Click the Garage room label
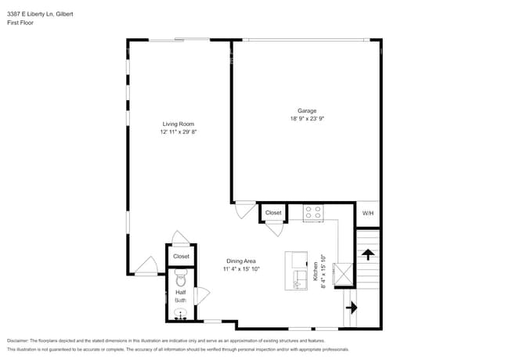click(x=306, y=110)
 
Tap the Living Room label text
click(x=178, y=124)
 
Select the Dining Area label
click(x=241, y=261)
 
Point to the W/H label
click(x=367, y=213)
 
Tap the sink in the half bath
click(x=181, y=315)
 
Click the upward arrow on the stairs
click(x=367, y=254)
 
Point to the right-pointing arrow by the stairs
click(x=349, y=308)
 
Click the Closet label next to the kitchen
click(x=273, y=212)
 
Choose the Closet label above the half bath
click(x=181, y=256)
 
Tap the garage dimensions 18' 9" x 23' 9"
click(x=306, y=119)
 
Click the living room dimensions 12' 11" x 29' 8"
click(x=178, y=132)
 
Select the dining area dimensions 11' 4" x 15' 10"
click(x=241, y=269)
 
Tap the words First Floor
click(x=20, y=23)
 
